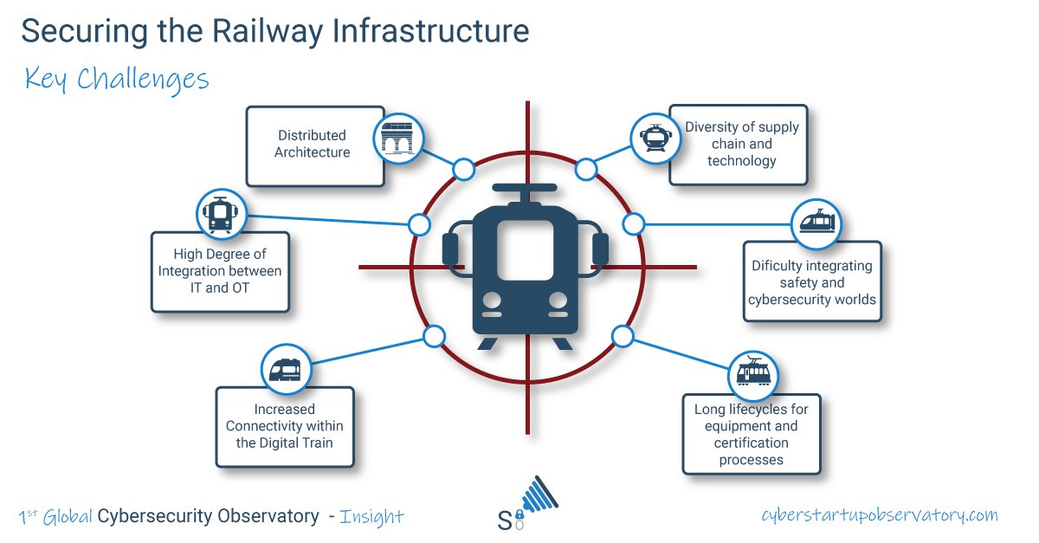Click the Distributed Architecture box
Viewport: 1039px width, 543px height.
pyautogui.click(x=314, y=145)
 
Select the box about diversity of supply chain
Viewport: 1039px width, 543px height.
pyautogui.click(x=740, y=144)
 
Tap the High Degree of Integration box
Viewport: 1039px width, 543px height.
pyautogui.click(x=219, y=271)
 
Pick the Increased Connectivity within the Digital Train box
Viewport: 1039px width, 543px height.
pyautogui.click(x=284, y=426)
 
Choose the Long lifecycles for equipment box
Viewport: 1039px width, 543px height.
pyautogui.click(x=751, y=435)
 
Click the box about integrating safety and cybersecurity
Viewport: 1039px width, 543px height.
pyautogui.click(x=811, y=282)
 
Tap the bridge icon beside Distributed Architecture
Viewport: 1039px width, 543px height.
pyautogui.click(x=399, y=137)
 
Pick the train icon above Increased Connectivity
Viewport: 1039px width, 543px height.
pyautogui.click(x=286, y=370)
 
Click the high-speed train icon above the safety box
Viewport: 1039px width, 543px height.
pyautogui.click(x=816, y=223)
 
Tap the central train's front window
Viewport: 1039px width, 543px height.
pyautogui.click(x=525, y=249)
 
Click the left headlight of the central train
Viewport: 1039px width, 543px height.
pyautogui.click(x=493, y=301)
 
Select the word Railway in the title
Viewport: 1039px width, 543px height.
pyautogui.click(x=275, y=31)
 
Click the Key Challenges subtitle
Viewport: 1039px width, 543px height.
pyautogui.click(x=117, y=80)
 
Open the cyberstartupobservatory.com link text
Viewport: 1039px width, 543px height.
pyautogui.click(x=879, y=515)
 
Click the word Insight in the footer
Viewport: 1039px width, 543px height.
pyautogui.click(x=371, y=517)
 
